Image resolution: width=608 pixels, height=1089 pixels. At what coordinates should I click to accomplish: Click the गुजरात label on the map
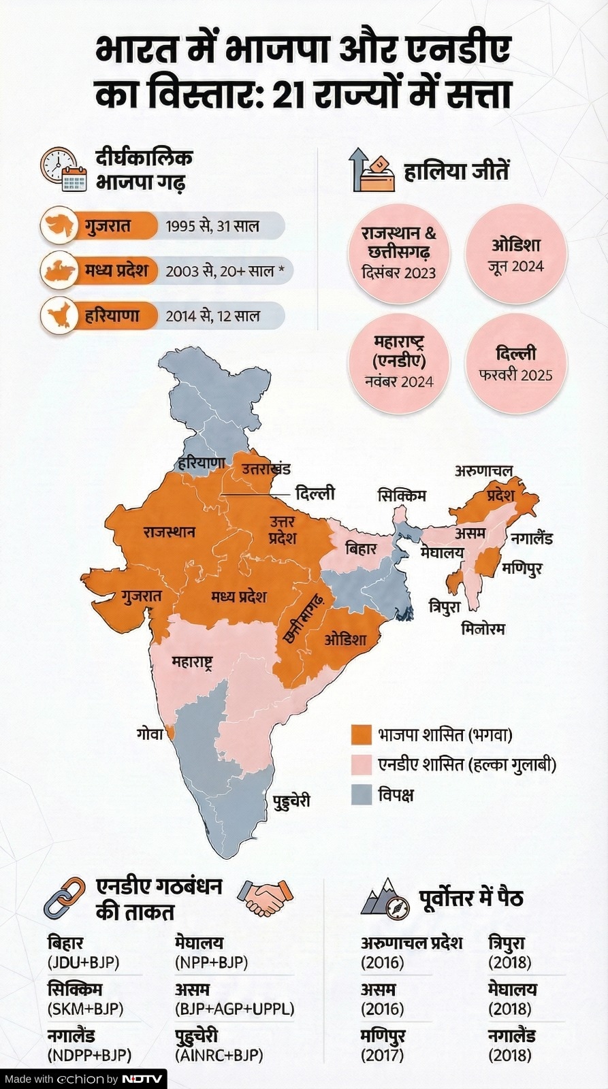(142, 597)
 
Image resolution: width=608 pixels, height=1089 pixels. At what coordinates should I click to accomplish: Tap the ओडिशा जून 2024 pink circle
(515, 254)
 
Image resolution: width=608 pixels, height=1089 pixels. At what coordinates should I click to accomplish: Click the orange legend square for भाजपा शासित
(361, 735)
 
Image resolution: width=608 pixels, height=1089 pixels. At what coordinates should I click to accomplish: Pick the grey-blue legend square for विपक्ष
(361, 794)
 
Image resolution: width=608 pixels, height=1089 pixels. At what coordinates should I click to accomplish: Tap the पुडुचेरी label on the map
(291, 800)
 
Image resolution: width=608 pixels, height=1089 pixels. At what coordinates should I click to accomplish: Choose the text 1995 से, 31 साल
(212, 226)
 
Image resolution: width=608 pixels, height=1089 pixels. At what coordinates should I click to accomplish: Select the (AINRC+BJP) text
(219, 1055)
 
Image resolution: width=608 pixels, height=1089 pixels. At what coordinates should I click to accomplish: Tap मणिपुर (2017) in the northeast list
(383, 1045)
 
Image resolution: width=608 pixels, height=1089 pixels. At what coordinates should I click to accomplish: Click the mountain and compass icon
(385, 898)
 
